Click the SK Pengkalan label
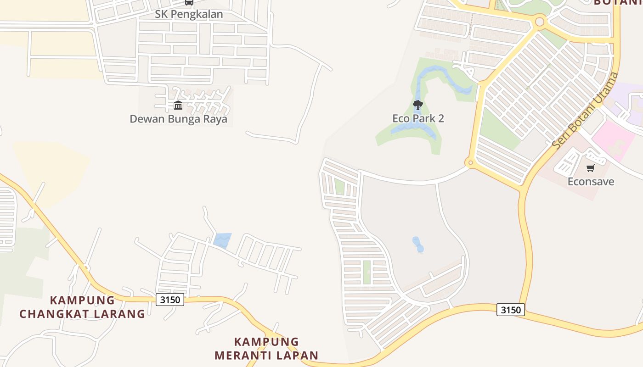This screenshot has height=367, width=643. point(189,14)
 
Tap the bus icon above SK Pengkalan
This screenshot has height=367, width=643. point(189,2)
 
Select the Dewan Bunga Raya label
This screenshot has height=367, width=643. point(178,119)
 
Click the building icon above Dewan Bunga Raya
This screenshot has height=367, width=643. point(178,106)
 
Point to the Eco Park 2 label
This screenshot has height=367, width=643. point(418,118)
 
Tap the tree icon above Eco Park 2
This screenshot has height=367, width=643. point(417,105)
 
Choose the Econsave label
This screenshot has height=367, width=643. point(591,181)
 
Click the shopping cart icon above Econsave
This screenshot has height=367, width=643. point(591,168)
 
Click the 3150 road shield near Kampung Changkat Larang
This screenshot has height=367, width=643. point(170,300)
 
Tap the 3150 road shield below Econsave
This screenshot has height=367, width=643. point(511,310)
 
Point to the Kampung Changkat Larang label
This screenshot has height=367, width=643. point(82,307)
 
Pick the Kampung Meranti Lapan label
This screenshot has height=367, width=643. point(266,348)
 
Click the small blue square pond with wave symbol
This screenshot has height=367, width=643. point(222,240)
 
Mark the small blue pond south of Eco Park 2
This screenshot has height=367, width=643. point(418,244)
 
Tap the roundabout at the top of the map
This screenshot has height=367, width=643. point(540,22)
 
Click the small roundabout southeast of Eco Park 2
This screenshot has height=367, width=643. point(469,162)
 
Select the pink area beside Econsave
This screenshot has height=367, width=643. point(613,140)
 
